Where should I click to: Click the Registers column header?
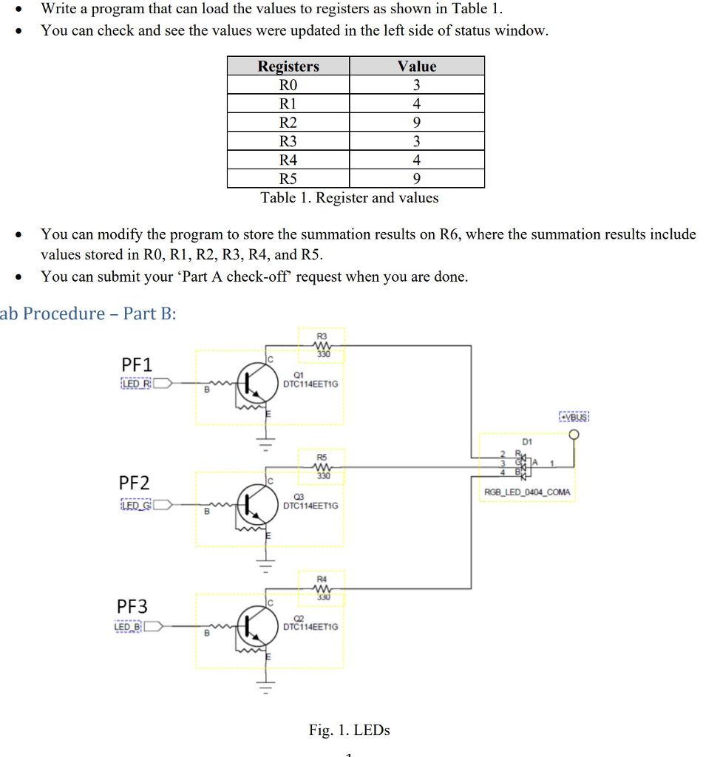click(288, 66)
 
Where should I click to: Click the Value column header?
click(417, 66)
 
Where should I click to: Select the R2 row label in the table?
click(288, 122)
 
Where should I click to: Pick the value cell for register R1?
click(417, 103)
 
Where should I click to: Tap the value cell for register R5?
click(417, 178)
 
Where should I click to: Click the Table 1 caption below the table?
click(350, 197)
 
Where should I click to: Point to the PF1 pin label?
click(136, 364)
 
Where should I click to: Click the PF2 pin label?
click(135, 483)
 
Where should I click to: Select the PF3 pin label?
click(132, 606)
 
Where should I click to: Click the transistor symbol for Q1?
click(252, 383)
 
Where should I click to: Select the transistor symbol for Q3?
click(252, 505)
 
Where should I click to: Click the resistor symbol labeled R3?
click(322, 346)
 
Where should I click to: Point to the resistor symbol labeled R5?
click(322, 467)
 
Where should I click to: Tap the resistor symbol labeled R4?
click(322, 589)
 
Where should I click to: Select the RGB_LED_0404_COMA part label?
click(527, 492)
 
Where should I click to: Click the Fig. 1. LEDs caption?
click(349, 730)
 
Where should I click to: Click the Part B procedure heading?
click(89, 313)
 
